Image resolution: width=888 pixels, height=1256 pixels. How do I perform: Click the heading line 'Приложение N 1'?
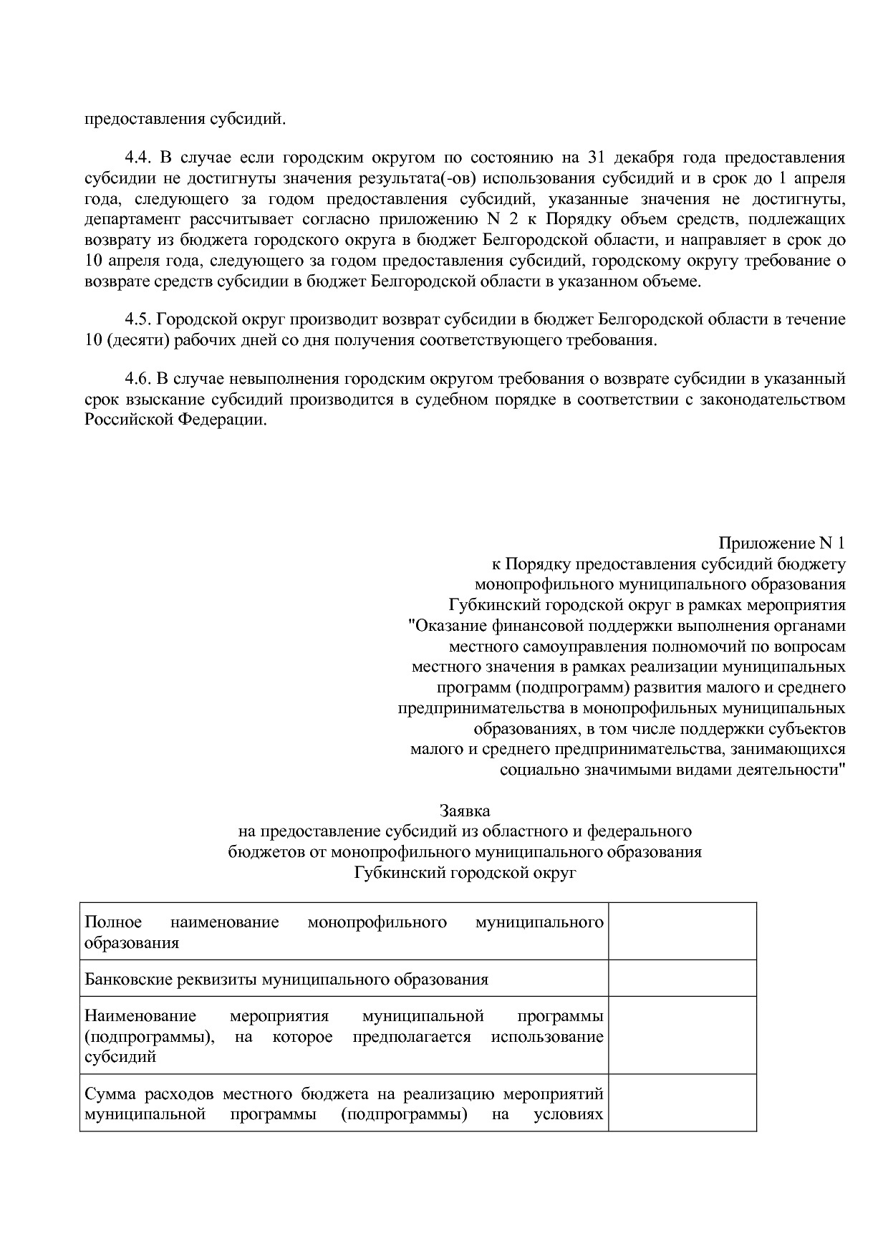[x=781, y=544]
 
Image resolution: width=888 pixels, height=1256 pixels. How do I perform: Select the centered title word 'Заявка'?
[x=465, y=811]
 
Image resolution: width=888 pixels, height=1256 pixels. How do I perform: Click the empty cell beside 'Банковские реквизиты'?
[x=682, y=978]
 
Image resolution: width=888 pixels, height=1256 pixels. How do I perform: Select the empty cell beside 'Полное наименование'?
[x=682, y=931]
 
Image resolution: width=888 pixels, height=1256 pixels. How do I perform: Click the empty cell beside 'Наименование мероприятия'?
[x=682, y=1035]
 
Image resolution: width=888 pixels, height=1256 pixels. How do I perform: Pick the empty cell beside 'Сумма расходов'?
[x=682, y=1103]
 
